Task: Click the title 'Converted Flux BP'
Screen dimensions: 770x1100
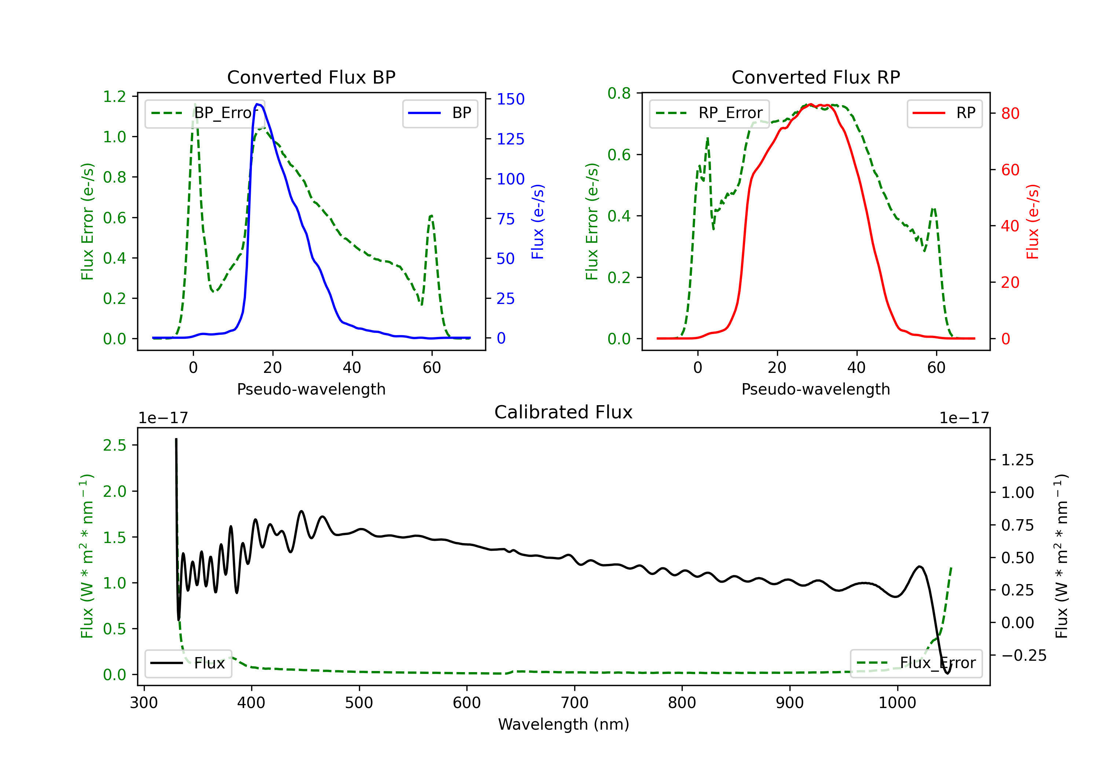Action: click(x=311, y=77)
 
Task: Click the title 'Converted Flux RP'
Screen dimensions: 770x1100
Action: click(x=815, y=77)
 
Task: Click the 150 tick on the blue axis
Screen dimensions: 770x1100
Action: click(x=510, y=99)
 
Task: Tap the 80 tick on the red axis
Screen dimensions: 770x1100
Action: click(x=1010, y=114)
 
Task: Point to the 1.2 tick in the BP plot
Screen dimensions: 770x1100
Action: click(x=114, y=97)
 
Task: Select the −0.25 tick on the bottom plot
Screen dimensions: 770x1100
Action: click(x=1023, y=656)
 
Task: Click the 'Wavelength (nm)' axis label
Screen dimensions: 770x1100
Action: click(x=564, y=725)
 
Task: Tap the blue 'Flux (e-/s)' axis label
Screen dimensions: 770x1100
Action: click(x=538, y=221)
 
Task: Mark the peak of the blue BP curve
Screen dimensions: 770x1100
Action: click(x=258, y=104)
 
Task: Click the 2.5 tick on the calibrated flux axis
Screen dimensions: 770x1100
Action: click(x=114, y=445)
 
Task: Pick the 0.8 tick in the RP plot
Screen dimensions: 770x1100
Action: click(x=619, y=93)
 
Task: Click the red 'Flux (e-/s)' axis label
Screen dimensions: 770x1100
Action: click(x=1033, y=221)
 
